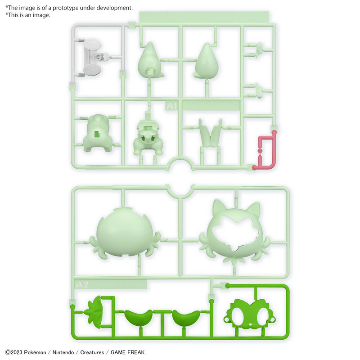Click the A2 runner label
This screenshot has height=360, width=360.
pos(82,284)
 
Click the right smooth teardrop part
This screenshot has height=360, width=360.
pos(207,63)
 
